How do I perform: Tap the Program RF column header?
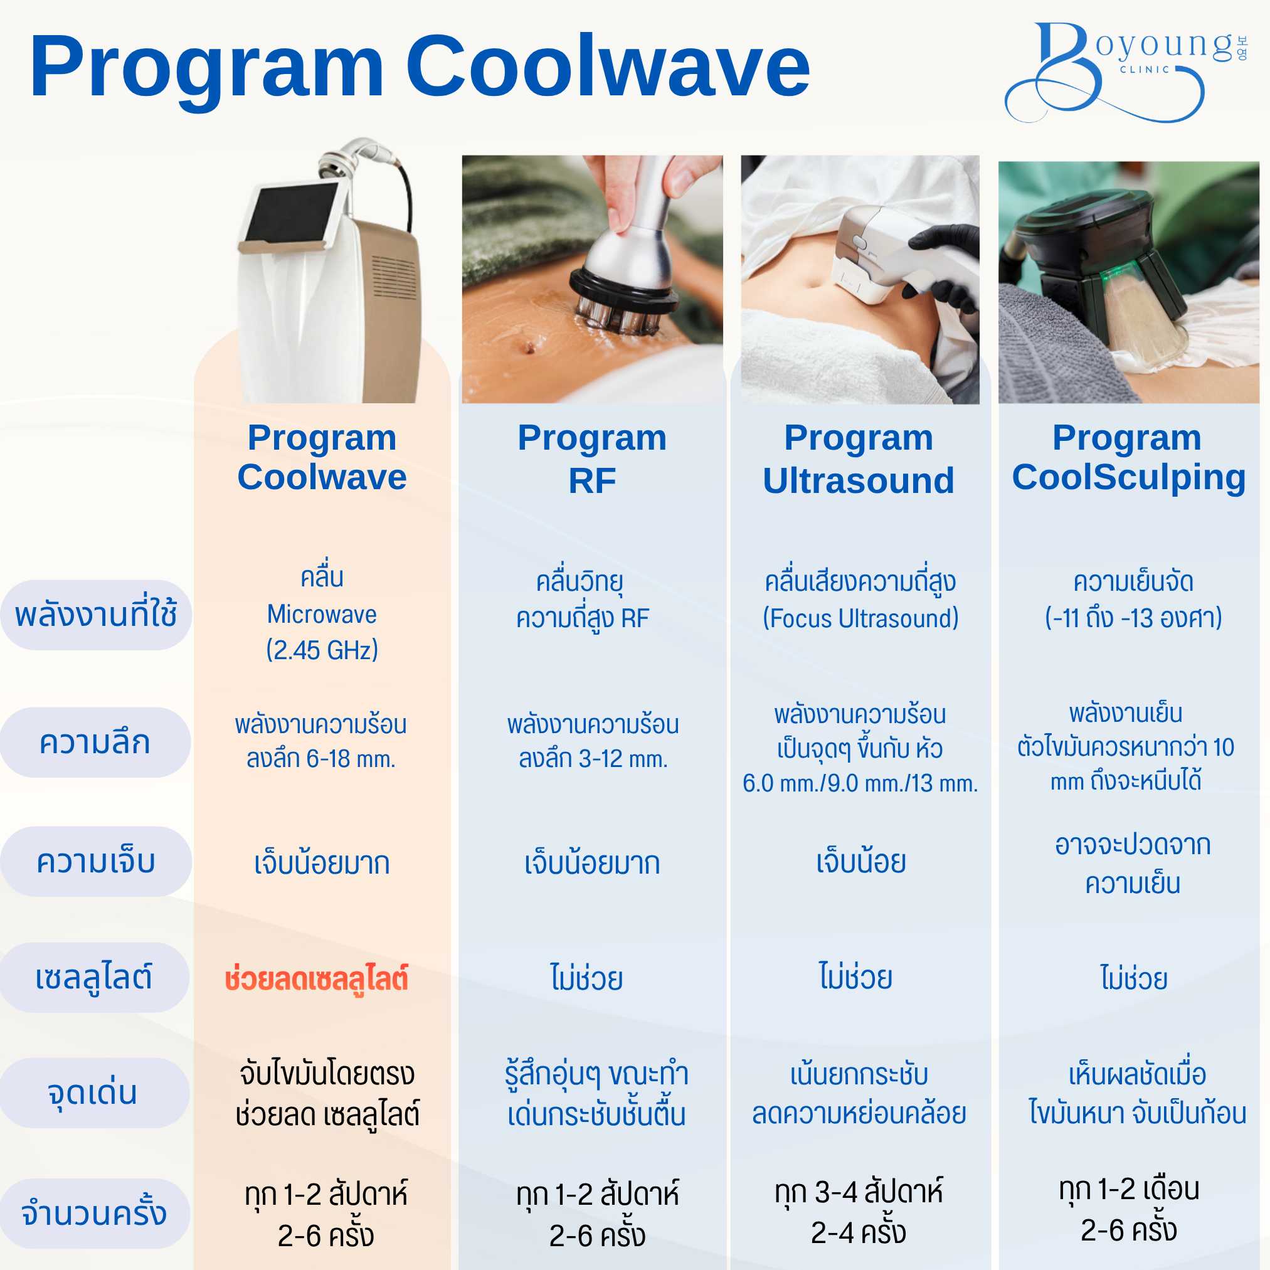pos(591,458)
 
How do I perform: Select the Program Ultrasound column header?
pos(859,458)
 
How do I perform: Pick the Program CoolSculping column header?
pos(1128,458)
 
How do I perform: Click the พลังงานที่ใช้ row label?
pos(96,615)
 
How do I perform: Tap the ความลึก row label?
pos(95,742)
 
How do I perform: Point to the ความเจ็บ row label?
pos(95,861)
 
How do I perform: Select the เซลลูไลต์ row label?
pos(94,978)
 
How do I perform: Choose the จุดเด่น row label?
pos(94,1093)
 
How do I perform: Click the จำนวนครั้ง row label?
pos(94,1214)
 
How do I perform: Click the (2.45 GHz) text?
pos(322,650)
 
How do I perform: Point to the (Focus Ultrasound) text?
pos(860,618)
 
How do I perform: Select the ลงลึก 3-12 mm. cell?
pos(593,759)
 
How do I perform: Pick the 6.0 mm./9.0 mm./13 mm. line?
pos(860,783)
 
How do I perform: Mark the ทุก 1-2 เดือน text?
pos(1130,1189)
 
